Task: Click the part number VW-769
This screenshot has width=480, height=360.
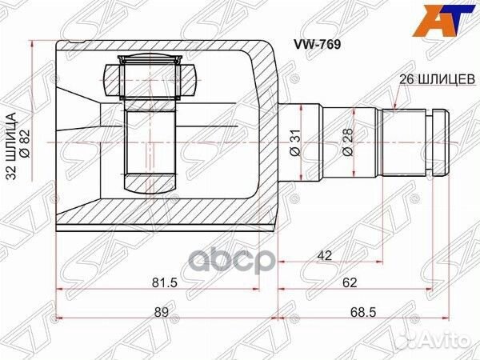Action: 318,45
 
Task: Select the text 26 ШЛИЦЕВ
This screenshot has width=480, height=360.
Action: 437,79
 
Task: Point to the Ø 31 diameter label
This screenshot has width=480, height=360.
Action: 296,142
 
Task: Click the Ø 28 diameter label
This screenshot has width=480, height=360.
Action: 348,142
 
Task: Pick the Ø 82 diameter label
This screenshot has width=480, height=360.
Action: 25,143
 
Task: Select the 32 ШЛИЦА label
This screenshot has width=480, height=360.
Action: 10,146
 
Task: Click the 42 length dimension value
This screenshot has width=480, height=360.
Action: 325,255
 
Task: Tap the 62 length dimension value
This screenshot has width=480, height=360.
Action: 350,282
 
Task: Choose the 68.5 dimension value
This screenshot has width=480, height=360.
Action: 362,312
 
